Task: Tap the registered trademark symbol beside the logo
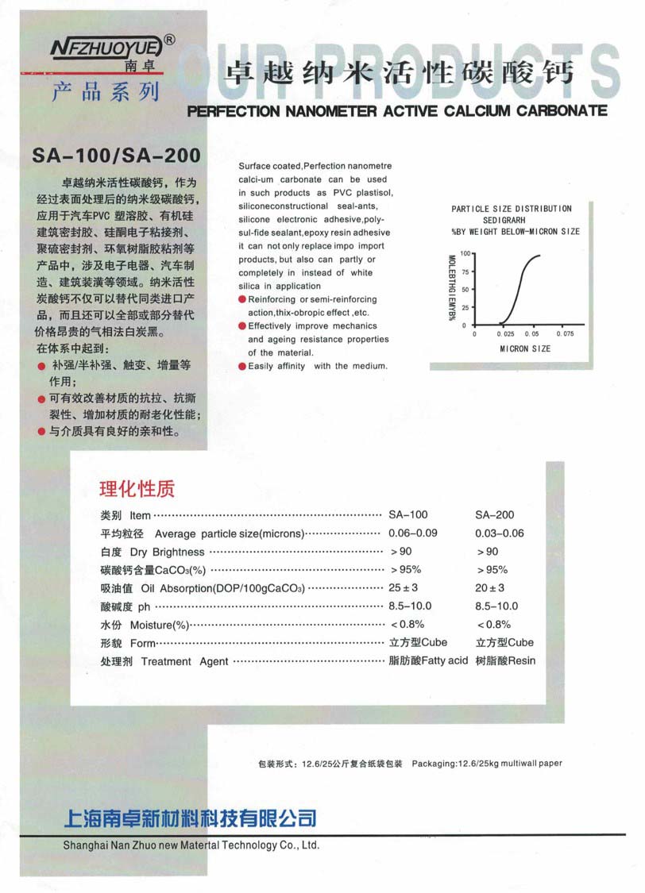(169, 37)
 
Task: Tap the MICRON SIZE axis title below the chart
(524, 348)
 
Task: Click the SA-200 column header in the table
(494, 515)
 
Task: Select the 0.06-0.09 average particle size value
(413, 533)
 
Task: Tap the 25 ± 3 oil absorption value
(404, 588)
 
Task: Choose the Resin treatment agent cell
(506, 660)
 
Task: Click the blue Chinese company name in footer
(190, 818)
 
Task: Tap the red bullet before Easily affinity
(243, 366)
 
